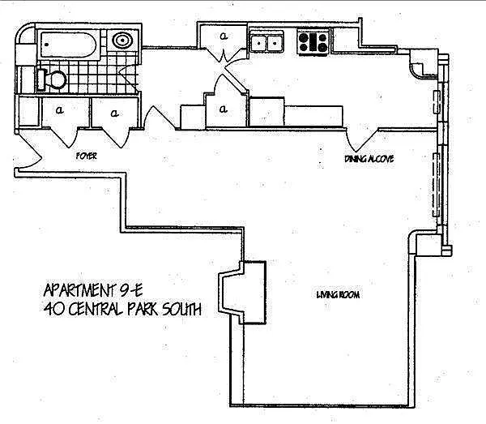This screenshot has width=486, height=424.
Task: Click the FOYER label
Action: point(87,156)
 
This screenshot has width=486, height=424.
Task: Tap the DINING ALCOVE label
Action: point(369,159)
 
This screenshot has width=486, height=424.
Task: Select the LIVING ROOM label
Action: point(338,294)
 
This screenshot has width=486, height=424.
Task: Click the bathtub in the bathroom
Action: point(69,45)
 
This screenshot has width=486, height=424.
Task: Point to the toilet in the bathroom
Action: point(52,79)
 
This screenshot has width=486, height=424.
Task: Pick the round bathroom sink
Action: point(122,41)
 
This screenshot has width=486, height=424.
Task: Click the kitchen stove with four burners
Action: point(313,42)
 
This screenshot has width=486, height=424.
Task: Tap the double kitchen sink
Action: point(266,42)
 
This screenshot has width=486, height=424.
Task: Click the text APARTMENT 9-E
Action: point(92,290)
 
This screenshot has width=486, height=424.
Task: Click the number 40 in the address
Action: point(54,309)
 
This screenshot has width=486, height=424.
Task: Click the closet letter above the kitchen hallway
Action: point(224,36)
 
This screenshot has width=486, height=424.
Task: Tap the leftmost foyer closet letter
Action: point(59,109)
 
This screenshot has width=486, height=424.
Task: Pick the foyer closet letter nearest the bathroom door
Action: point(115,113)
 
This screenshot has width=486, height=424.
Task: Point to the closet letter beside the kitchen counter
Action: point(224,109)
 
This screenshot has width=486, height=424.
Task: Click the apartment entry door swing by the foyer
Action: point(29,151)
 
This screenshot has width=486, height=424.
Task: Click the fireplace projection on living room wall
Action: point(242,293)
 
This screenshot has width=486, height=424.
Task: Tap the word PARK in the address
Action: point(143,309)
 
